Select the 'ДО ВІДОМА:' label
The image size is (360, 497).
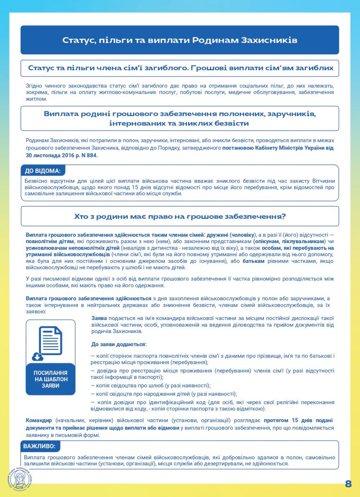click(43, 171)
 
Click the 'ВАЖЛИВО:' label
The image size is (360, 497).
click(40, 446)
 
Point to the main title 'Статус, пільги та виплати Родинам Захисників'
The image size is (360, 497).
click(180, 40)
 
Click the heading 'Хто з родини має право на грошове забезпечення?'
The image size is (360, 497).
click(180, 216)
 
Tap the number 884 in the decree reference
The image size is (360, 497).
click(90, 156)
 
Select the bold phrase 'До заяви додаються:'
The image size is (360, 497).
click(119, 344)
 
